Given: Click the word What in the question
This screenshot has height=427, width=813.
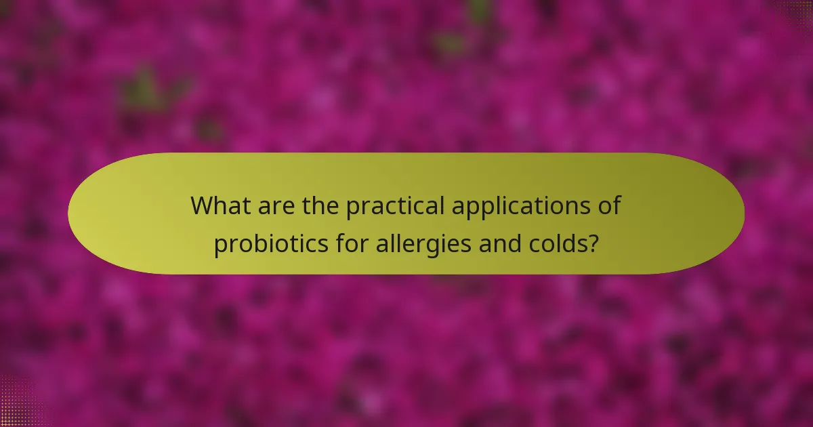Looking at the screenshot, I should pos(219,205).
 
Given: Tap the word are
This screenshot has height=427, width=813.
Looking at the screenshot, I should pos(276,205).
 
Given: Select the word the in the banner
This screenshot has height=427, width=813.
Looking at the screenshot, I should pos(321,205).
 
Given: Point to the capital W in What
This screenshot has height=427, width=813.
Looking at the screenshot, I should pos(203,205).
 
